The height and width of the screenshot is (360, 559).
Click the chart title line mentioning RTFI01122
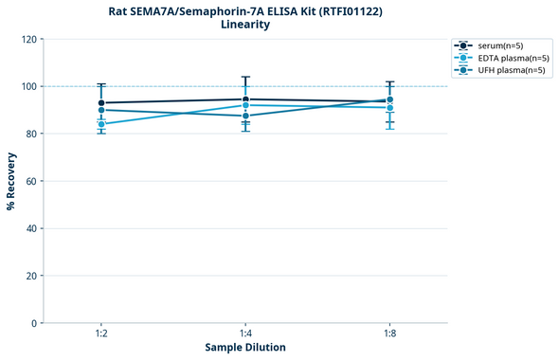coord(245,10)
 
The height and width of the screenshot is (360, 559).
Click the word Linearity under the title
coord(245,25)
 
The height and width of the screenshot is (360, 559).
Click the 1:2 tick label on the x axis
coord(101,334)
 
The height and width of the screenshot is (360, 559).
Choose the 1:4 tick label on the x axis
coord(245,334)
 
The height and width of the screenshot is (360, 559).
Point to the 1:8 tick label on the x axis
coord(389,334)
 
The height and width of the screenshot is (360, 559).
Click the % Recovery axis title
coord(11,181)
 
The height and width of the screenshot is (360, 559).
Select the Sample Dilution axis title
coord(245,348)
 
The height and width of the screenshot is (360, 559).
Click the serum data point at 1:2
coord(101,102)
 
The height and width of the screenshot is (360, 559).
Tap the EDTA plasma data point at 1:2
coord(101,124)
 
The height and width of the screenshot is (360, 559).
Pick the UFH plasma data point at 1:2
coord(101,110)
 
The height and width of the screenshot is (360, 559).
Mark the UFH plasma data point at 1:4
coord(245,116)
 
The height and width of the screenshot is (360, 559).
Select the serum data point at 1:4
coord(245,99)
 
